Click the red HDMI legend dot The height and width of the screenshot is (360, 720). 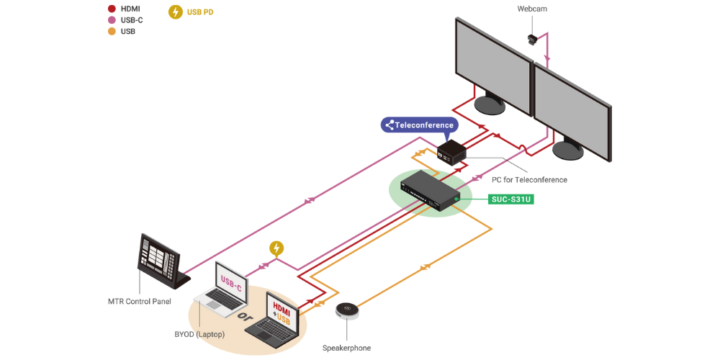112,9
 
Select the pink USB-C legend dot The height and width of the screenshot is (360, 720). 112,20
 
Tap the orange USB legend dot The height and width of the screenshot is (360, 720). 112,32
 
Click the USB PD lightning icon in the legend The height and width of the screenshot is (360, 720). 175,12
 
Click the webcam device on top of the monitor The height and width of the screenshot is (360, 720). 534,38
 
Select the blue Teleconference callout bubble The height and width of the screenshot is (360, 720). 420,125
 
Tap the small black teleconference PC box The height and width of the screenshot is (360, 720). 451,152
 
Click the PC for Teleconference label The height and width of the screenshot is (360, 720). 529,179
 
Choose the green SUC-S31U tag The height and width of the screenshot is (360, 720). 511,199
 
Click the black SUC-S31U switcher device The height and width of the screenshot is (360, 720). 430,192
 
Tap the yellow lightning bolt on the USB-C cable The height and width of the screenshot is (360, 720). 276,248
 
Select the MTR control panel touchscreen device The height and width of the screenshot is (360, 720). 161,258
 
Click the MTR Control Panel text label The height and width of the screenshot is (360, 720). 138,301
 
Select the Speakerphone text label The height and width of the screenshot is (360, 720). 346,348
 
